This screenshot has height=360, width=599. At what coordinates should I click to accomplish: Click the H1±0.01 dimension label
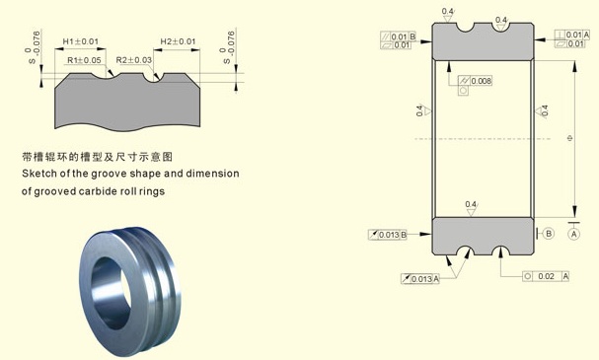click(81, 41)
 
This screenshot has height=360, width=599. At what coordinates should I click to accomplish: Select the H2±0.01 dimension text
click(178, 41)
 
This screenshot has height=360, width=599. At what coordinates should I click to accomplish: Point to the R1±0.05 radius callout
click(85, 60)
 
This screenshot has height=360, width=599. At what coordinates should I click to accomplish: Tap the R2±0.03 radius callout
click(134, 60)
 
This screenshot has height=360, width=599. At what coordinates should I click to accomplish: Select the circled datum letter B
click(549, 234)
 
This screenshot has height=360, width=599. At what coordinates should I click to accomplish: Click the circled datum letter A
click(575, 234)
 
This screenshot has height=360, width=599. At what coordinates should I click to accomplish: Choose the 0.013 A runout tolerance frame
click(420, 279)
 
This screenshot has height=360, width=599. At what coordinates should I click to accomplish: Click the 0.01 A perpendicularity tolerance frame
click(577, 35)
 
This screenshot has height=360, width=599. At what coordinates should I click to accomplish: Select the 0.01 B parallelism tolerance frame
click(399, 36)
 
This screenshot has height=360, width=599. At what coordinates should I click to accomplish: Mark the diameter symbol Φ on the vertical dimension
click(571, 138)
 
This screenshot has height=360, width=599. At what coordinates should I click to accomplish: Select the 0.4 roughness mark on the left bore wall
click(419, 110)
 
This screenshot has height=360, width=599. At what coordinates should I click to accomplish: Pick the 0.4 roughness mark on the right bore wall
click(544, 110)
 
